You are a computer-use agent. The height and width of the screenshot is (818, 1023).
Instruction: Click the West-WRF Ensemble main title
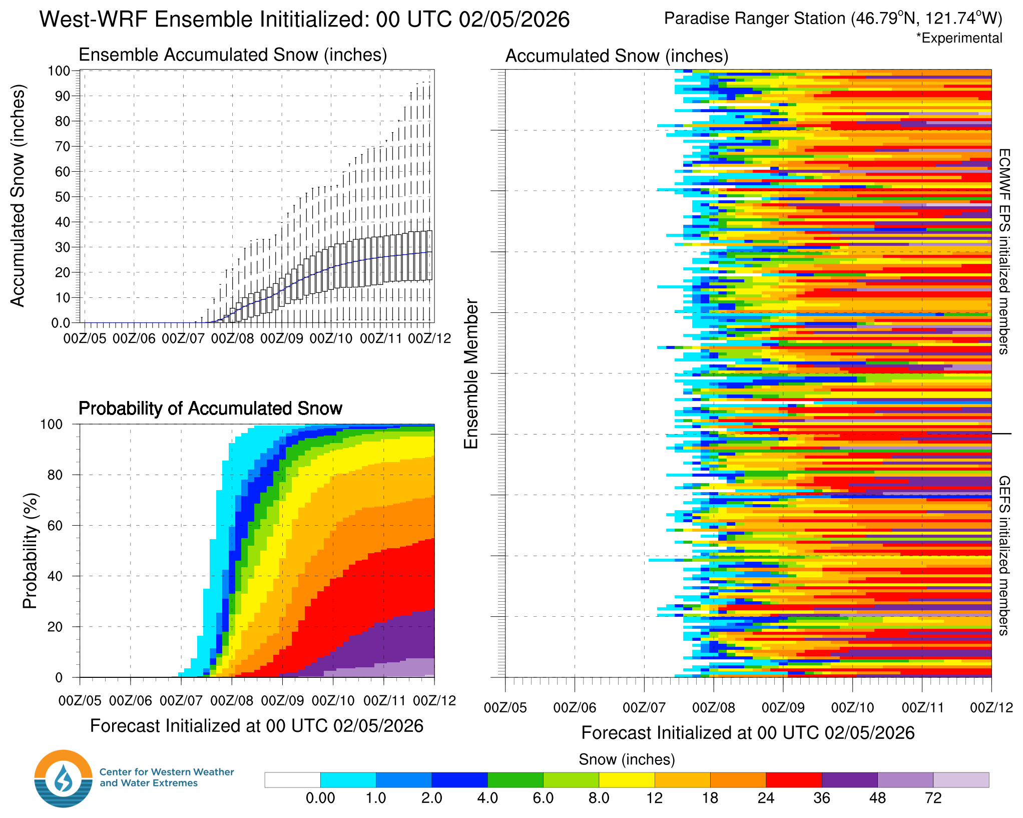point(304,20)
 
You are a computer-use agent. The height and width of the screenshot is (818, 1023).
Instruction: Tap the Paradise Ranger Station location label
point(833,19)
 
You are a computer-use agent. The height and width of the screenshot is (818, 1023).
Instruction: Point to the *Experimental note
point(959,38)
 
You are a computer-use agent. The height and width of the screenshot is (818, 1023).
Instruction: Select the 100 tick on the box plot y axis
point(59,71)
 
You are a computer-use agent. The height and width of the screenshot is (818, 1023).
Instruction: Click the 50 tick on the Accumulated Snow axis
point(63,197)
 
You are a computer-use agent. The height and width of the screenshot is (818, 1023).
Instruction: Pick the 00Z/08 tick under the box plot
point(232,339)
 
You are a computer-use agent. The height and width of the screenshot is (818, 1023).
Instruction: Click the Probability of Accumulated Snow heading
point(210,408)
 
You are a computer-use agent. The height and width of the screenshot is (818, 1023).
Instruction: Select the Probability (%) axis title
point(30,551)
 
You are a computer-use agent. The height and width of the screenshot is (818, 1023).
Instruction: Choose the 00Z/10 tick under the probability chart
point(333,700)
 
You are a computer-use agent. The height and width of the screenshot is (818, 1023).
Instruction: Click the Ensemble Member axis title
point(471,373)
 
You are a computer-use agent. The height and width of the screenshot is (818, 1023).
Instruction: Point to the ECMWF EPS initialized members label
point(1004,251)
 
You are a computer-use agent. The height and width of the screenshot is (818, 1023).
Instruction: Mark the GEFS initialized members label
point(1004,556)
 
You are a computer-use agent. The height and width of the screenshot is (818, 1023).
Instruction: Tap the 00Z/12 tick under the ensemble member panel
point(991,707)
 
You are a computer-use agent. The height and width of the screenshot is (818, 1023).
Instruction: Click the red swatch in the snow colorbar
point(794,780)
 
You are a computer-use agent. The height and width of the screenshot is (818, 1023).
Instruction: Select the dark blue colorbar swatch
point(459,780)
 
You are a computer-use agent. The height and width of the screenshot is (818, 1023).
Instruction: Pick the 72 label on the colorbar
point(933,798)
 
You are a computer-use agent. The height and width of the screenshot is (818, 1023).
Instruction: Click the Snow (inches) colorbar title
point(627,759)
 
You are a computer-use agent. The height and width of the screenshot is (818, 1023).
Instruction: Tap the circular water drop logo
point(64,778)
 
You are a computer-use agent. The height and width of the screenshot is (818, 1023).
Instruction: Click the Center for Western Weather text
point(167,772)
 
